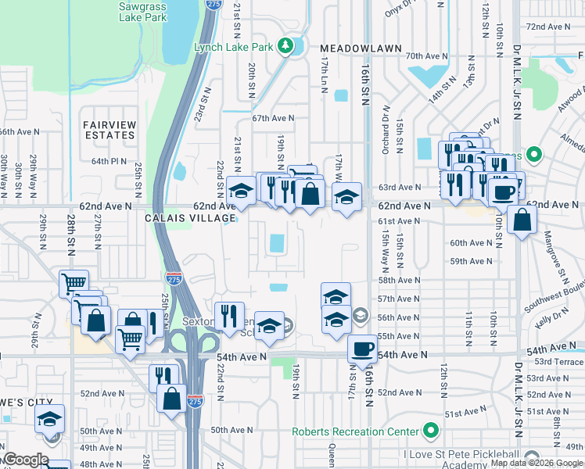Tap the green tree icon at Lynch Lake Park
click(x=286, y=46)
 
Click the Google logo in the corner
click(x=26, y=460)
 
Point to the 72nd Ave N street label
click(x=548, y=27)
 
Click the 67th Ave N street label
click(x=273, y=118)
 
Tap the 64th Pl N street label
click(x=109, y=161)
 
